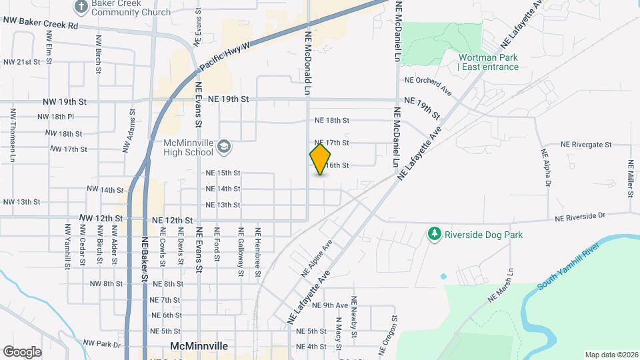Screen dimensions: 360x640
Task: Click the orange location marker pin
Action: tap(321, 159)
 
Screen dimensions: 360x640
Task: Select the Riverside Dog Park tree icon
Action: tap(435, 234)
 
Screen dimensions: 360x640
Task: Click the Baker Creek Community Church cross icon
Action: tap(81, 7)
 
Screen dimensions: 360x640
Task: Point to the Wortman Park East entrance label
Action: tap(488, 62)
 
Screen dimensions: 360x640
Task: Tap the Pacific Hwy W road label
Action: tap(225, 57)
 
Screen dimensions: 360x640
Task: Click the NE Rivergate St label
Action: tap(586, 144)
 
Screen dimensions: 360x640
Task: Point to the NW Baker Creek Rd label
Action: tap(41, 25)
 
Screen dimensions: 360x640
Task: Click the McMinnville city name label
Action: tap(199, 347)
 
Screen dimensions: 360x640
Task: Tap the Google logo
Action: tap(23, 351)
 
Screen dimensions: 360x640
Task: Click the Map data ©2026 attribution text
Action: tap(611, 355)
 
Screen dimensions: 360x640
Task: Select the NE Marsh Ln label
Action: tap(501, 286)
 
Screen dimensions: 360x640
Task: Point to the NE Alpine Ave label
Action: tap(316, 259)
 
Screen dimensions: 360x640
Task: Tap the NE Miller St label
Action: tap(630, 178)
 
